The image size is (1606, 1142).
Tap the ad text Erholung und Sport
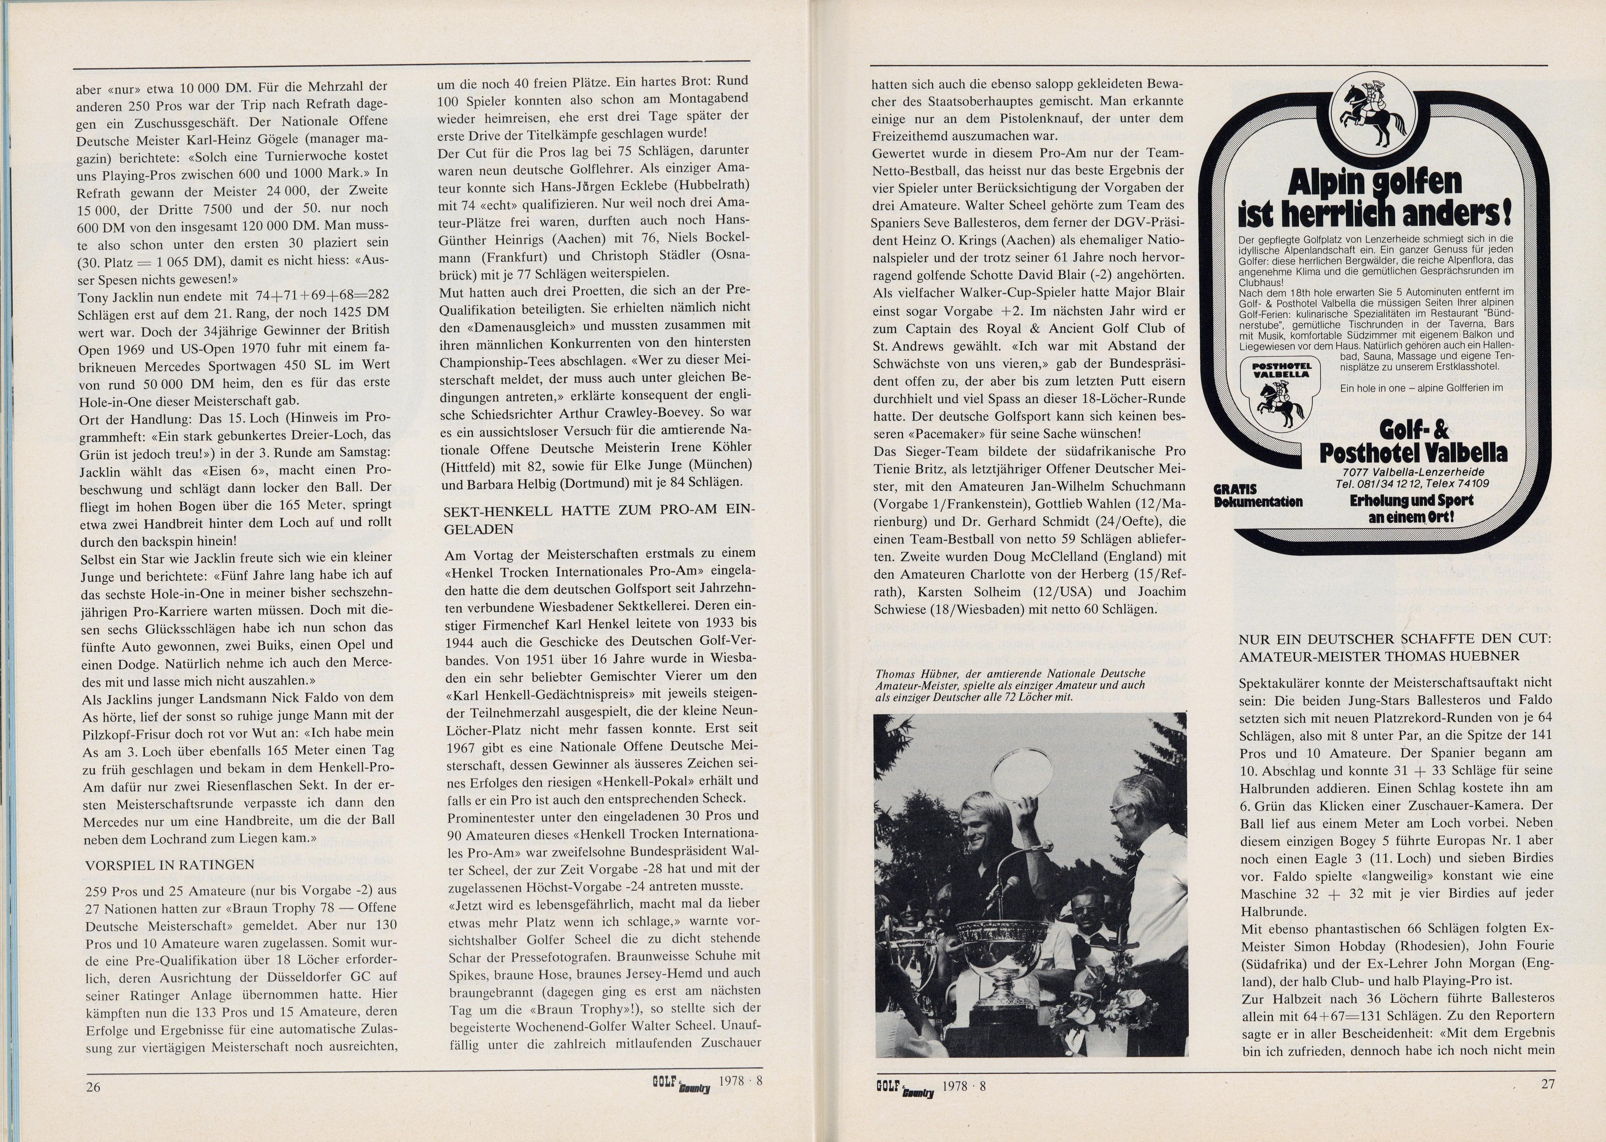pos(1411,501)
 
